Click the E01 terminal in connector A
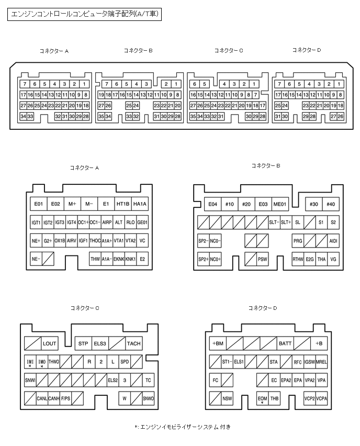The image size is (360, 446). coord(38,204)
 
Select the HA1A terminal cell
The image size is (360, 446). coord(140,204)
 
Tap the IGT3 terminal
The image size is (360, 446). coord(60,222)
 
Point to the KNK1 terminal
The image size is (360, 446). coord(131,259)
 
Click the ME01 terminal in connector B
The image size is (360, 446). coord(280,204)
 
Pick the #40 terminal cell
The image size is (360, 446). coord(330,204)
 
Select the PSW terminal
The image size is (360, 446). coord(262,259)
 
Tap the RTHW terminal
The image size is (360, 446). coord(298,259)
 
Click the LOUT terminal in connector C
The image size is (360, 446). coord(50,343)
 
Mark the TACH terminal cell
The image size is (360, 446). coord(133,343)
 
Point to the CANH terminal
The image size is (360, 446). coord(54,398)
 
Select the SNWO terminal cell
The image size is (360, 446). coord(148,398)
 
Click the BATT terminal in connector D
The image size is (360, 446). coord(285,343)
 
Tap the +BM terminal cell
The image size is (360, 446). coord(218,343)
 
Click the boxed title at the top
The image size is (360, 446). coord(84,15)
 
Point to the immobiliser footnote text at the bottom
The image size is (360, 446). coord(182,427)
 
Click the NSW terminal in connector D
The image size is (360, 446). coord(227,398)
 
